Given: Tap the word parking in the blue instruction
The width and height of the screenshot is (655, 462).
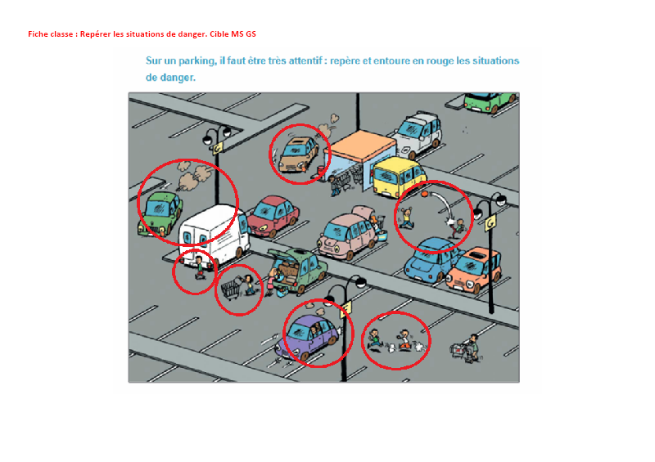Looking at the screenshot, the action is coord(196,61).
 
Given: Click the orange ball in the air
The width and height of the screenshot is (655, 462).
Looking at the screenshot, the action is coord(424,194).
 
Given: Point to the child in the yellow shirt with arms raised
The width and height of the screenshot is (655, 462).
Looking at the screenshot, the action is coord(406,218).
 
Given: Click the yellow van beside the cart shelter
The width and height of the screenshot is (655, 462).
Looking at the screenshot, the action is coord(399,177).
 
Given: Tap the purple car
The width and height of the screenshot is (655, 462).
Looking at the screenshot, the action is coord(307,336).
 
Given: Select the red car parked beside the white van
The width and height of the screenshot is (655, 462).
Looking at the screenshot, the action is coord(273,216).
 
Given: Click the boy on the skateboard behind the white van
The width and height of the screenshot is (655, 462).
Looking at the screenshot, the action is coord(200,267).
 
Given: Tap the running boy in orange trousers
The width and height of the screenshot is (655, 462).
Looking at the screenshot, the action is coord(404,339).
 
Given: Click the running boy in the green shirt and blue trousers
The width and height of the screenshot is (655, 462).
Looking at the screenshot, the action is coord(375,339).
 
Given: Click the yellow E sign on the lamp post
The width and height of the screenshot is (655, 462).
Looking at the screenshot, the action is coord(346,309).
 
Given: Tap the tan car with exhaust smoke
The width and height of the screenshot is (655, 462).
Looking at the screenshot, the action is coord(298,155).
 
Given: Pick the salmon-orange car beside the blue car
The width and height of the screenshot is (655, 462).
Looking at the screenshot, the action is coord(475,269).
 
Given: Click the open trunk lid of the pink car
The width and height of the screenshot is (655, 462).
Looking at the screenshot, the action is coord(364,211).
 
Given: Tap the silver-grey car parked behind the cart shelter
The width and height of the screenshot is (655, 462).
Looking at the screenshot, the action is coord(418,133).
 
